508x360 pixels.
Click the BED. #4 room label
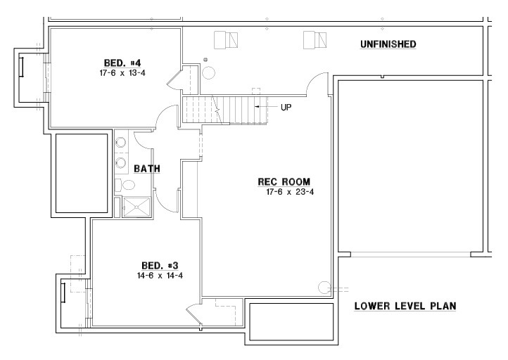[x=122, y=63]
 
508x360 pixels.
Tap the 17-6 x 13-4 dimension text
[x=122, y=73]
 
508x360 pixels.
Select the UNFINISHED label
[x=388, y=44]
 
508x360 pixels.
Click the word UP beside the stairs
[x=286, y=107]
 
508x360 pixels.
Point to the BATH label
[x=147, y=169]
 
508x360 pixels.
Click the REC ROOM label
[x=284, y=182]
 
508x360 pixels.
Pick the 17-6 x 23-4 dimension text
[x=290, y=192]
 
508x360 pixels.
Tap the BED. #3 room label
[x=160, y=266]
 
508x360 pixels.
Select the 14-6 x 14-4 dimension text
[x=160, y=276]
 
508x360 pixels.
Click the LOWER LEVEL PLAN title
[x=405, y=306]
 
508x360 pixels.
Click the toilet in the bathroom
[x=125, y=185]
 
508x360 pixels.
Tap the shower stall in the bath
[x=136, y=207]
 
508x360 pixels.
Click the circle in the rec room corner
[x=324, y=288]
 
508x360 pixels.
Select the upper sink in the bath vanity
[x=121, y=143]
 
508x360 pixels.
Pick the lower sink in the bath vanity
[x=121, y=162]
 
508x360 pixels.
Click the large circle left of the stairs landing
[x=209, y=72]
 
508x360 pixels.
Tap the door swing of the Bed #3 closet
[x=193, y=312]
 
